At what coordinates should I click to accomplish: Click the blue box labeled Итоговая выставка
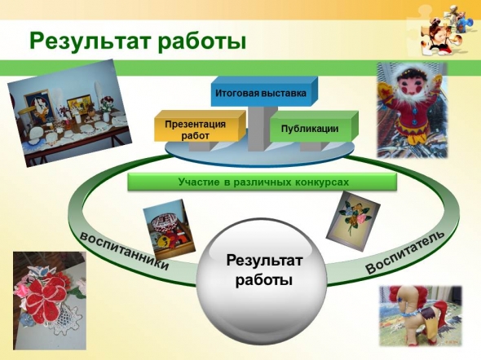pyautogui.click(x=264, y=91)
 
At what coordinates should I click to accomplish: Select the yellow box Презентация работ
pyautogui.click(x=200, y=126)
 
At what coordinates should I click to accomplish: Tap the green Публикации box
pyautogui.click(x=314, y=126)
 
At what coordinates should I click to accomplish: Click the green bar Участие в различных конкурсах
pyautogui.click(x=263, y=182)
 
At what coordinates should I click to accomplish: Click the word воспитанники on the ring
pyautogui.click(x=124, y=251)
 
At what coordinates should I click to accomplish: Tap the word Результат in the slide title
pyautogui.click(x=90, y=41)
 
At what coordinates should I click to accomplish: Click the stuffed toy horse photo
pyautogui.click(x=421, y=316)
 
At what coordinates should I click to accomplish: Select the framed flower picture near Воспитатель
pyautogui.click(x=353, y=221)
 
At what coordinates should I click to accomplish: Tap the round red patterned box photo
pyautogui.click(x=169, y=229)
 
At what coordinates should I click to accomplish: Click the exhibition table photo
pyautogui.click(x=69, y=112)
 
